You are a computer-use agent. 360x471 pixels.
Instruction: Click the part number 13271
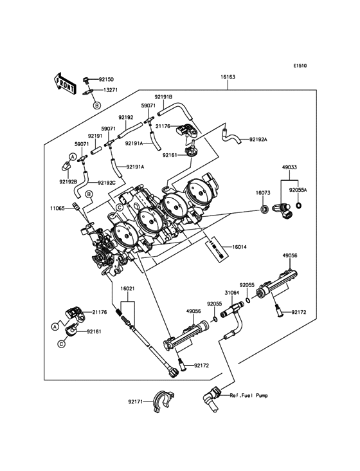(x=111, y=91)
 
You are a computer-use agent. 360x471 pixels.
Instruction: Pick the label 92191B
(x=163, y=97)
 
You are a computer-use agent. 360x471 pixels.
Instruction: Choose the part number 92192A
(x=259, y=140)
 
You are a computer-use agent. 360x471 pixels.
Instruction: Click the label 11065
(x=59, y=208)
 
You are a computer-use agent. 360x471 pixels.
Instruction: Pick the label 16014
(x=240, y=246)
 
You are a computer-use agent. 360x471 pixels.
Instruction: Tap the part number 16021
(x=129, y=290)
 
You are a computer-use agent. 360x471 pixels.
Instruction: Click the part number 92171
(x=135, y=402)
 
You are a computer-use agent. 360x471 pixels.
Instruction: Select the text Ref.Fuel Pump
(x=247, y=395)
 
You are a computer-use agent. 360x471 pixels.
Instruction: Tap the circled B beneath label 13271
(x=96, y=104)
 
